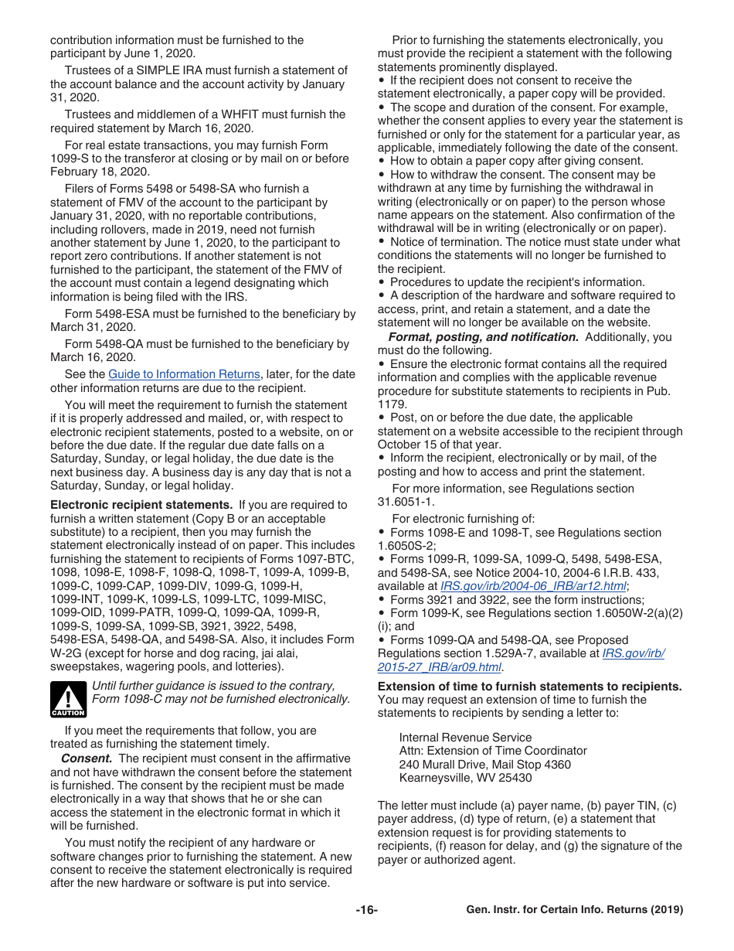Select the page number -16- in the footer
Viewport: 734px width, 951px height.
click(x=367, y=910)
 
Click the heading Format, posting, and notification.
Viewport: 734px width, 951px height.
click(x=483, y=337)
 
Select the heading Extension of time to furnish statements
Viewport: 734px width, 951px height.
click(x=529, y=687)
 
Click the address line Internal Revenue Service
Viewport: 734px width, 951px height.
click(x=465, y=738)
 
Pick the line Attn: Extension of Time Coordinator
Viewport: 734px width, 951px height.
click(x=493, y=751)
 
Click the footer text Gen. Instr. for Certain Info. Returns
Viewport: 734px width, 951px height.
click(x=575, y=910)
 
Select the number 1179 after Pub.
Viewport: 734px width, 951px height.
click(x=390, y=404)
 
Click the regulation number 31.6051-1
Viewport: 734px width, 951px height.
click(x=409, y=503)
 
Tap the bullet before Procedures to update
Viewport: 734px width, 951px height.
click(x=382, y=282)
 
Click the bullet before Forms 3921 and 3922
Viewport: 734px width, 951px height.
click(x=382, y=600)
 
